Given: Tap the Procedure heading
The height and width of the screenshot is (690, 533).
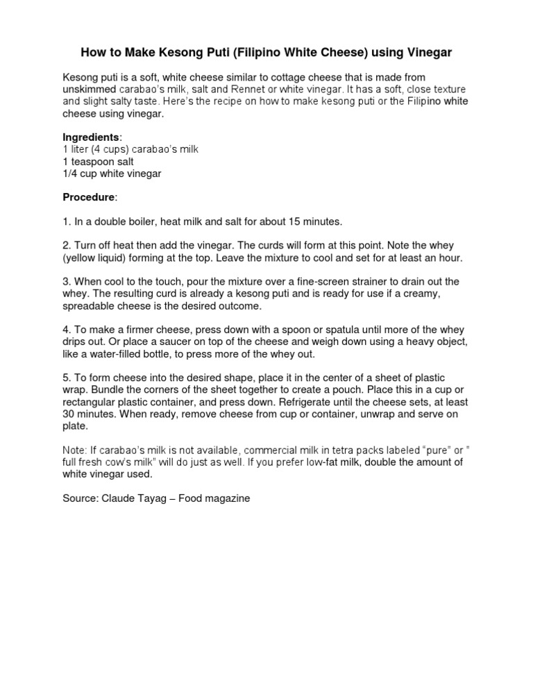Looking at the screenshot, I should [x=89, y=197].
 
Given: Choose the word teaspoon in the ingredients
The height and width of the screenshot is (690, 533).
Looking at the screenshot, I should [x=92, y=162].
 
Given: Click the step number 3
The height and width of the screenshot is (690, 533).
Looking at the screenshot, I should [x=66, y=281].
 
